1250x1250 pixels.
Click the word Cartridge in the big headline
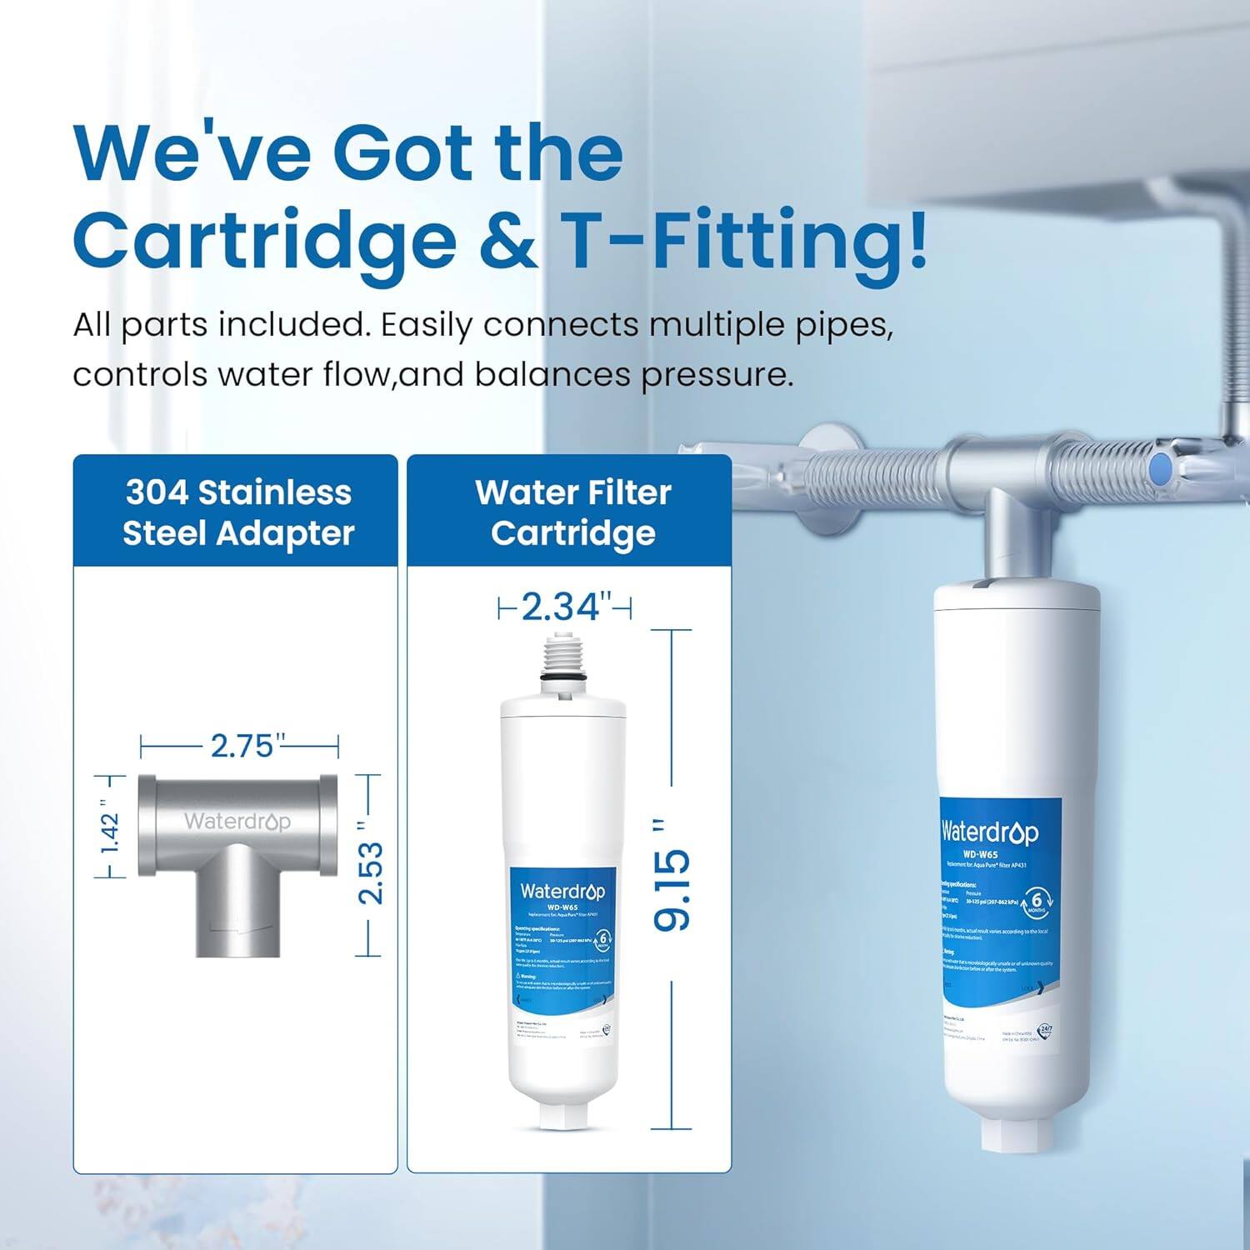(x=264, y=242)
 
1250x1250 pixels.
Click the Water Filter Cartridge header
(x=573, y=512)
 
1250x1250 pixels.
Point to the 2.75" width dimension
(x=242, y=746)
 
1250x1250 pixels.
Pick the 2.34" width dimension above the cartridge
(x=562, y=607)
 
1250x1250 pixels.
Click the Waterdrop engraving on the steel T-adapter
(x=237, y=822)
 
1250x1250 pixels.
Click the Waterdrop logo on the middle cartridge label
(x=562, y=891)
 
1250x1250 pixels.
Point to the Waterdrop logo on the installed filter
(x=990, y=832)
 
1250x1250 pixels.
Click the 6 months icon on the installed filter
(x=1036, y=902)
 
